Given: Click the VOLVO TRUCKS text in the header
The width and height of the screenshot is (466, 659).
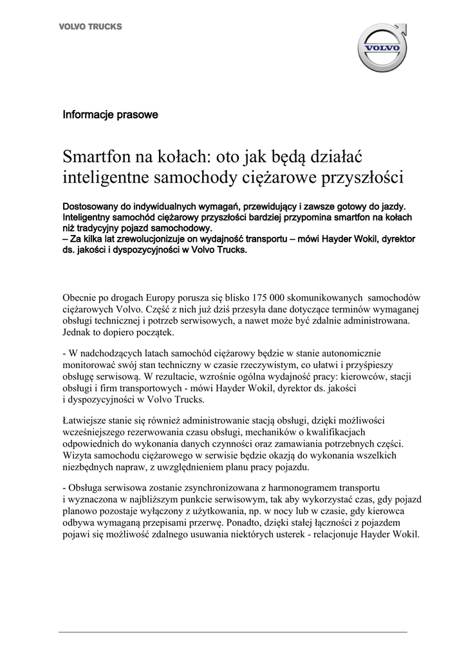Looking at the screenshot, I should pyautogui.click(x=90, y=26).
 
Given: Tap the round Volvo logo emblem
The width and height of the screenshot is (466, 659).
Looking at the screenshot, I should pyautogui.click(x=382, y=48).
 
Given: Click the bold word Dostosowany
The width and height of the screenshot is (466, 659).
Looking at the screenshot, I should pyautogui.click(x=94, y=207).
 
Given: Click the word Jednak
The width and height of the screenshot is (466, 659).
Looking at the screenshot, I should pyautogui.click(x=78, y=333).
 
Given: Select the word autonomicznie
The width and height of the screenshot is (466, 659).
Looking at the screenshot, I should pyautogui.click(x=352, y=353).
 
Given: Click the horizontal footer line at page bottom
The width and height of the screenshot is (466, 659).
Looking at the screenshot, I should pyautogui.click(x=233, y=632).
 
